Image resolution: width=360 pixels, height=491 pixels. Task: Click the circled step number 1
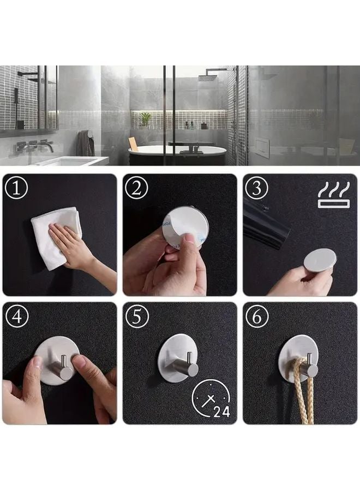[17, 188]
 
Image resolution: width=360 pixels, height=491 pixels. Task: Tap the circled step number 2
[136, 188]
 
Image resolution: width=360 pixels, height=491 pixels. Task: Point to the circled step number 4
[17, 317]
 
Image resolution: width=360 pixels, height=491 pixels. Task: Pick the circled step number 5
[136, 317]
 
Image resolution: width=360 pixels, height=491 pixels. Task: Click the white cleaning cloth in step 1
[55, 235]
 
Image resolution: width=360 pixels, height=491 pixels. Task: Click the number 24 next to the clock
[221, 412]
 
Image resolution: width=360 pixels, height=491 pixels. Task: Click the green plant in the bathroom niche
[146, 118]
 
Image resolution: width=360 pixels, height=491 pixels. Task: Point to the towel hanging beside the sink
[85, 143]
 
